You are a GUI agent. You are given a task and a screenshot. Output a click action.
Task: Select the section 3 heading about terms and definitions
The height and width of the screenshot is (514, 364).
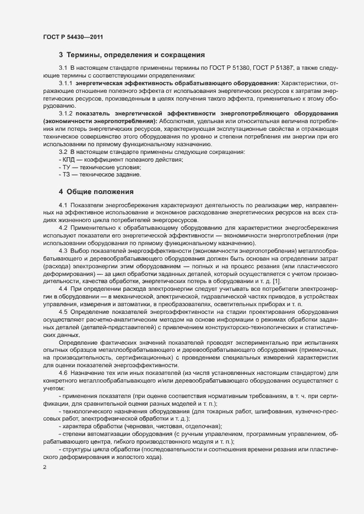click(132, 55)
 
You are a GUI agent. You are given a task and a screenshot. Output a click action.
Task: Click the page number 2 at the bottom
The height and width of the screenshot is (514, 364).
click(45, 467)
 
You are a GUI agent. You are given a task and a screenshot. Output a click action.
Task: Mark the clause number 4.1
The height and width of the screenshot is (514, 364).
click(63, 205)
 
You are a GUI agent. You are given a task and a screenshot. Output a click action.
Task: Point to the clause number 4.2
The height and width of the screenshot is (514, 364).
click(63, 228)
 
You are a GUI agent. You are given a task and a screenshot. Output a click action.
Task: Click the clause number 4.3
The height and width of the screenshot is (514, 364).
click(63, 251)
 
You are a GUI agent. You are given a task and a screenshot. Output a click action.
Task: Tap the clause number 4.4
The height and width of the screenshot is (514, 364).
click(63, 289)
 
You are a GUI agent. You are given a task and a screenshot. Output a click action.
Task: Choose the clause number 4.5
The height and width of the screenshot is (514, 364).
click(63, 312)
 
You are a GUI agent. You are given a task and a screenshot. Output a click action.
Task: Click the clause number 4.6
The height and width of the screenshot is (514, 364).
click(63, 373)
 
